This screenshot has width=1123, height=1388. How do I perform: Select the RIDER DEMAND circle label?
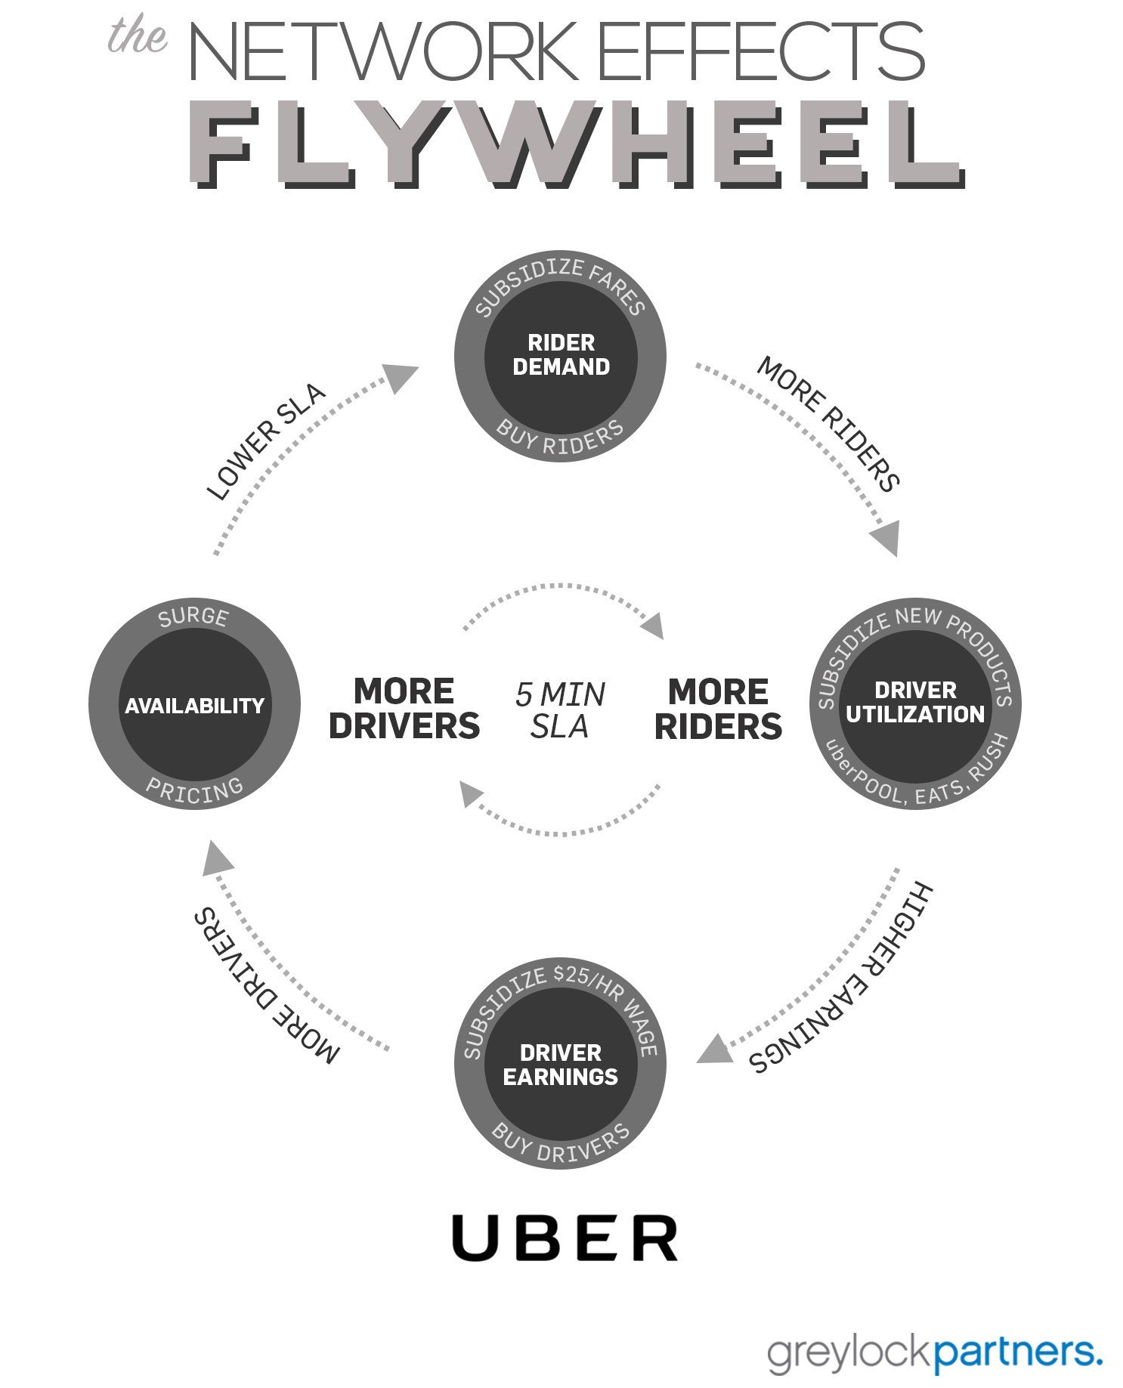click(x=561, y=355)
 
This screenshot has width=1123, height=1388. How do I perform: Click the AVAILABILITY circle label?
click(x=194, y=706)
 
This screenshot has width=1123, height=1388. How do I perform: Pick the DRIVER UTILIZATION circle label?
click(x=914, y=703)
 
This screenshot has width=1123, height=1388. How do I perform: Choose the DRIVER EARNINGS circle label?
click(x=560, y=1065)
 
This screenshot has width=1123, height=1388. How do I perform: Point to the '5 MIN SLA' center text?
click(x=560, y=710)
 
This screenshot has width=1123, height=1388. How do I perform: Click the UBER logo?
click(x=565, y=1238)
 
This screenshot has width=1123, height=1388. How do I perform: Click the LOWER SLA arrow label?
click(x=265, y=442)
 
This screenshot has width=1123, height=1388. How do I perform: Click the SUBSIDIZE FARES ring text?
click(x=560, y=283)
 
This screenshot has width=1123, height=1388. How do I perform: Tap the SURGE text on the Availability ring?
click(x=193, y=617)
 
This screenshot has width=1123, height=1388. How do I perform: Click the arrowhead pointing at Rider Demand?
click(x=401, y=376)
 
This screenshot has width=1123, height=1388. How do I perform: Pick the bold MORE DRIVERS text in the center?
click(x=404, y=709)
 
